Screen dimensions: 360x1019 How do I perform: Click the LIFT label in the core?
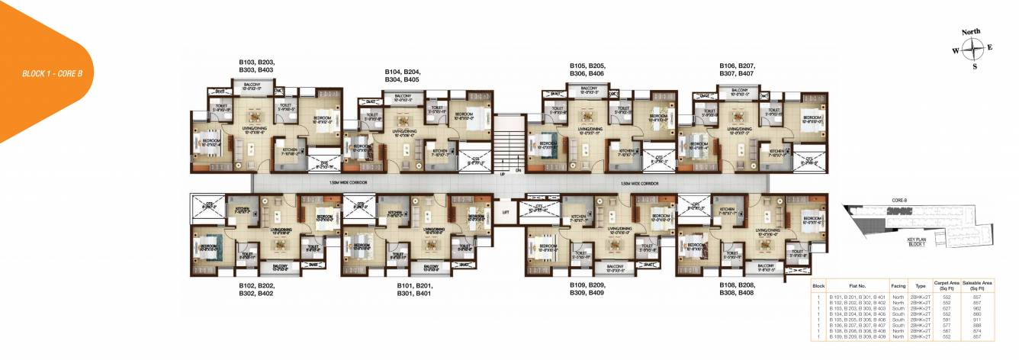click(506, 213)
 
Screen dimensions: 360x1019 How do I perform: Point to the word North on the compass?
click(971, 32)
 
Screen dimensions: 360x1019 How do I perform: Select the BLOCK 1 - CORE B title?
click(53, 73)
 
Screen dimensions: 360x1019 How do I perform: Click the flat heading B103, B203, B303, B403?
click(256, 66)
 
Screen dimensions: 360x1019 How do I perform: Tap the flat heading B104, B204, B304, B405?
click(402, 75)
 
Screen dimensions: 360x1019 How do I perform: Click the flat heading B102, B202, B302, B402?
click(256, 289)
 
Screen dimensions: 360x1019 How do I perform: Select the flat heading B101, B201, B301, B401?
click(416, 289)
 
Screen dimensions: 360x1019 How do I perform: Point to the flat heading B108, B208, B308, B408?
click(736, 289)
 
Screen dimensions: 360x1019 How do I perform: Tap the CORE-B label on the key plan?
click(898, 201)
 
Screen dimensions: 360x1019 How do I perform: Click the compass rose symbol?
click(972, 50)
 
